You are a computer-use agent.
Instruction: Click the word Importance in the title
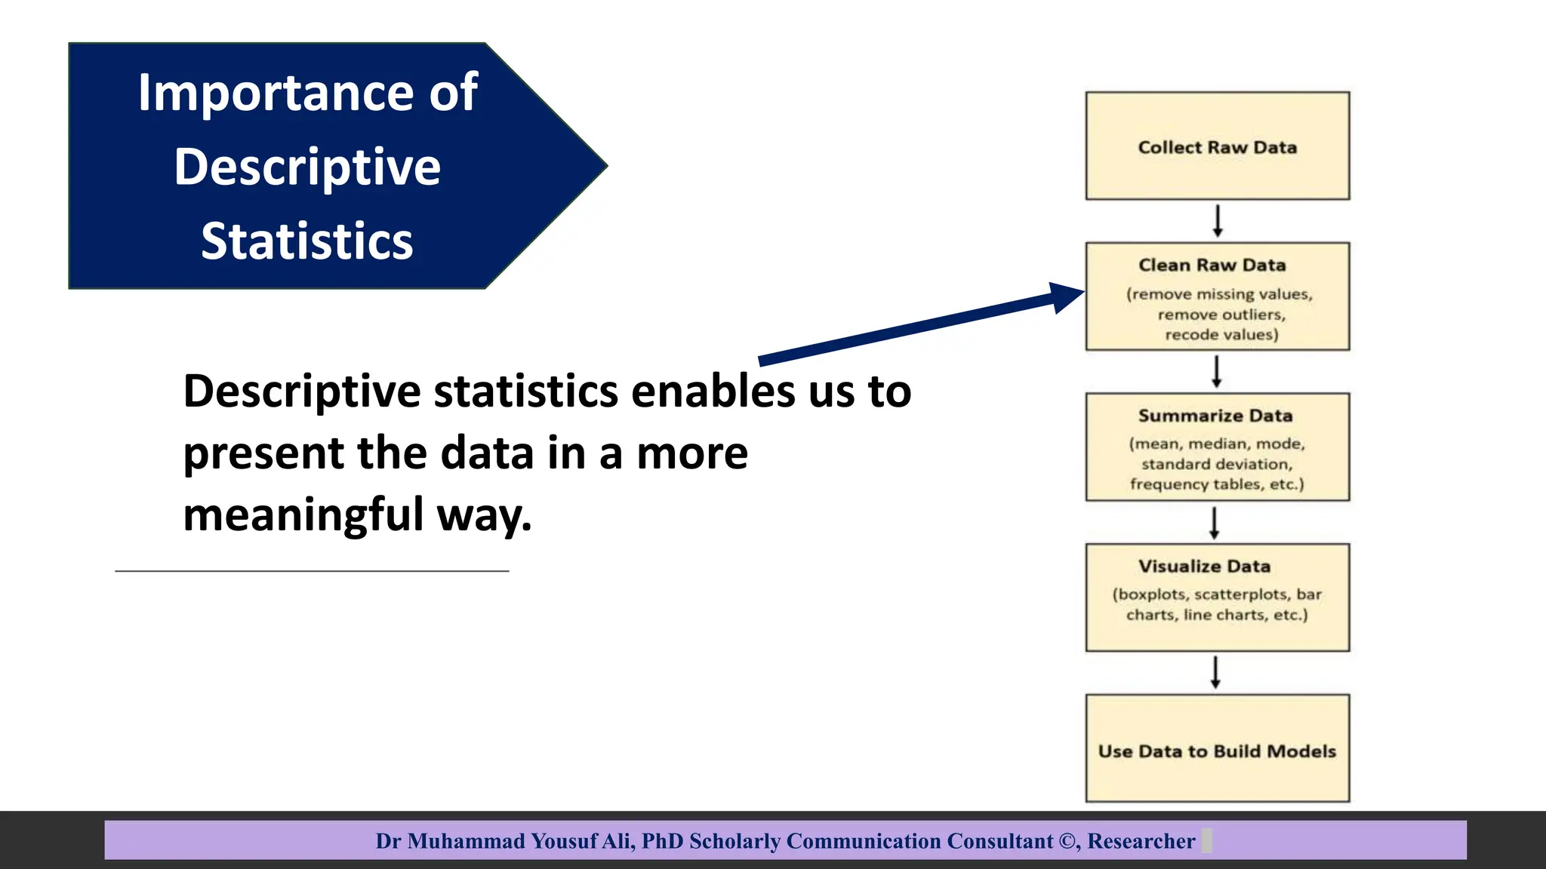click(276, 93)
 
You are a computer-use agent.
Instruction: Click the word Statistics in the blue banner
click(306, 241)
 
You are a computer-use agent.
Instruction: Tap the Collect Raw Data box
click(1217, 146)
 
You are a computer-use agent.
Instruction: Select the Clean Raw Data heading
click(1212, 266)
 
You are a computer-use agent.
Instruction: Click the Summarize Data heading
click(1215, 416)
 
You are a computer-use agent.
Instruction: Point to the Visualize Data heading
click(1204, 567)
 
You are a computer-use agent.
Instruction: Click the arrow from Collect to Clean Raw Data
click(1217, 221)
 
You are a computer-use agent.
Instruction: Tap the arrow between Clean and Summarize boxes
click(1216, 372)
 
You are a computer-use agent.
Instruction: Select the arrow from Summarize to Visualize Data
click(1214, 523)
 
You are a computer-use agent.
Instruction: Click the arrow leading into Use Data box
click(1215, 672)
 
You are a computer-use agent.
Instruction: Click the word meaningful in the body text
click(303, 514)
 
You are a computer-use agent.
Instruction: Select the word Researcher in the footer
click(1141, 841)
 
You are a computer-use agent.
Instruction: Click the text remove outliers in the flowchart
click(1221, 315)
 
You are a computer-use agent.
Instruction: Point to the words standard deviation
click(1216, 464)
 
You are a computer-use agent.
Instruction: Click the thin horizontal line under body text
click(312, 571)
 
